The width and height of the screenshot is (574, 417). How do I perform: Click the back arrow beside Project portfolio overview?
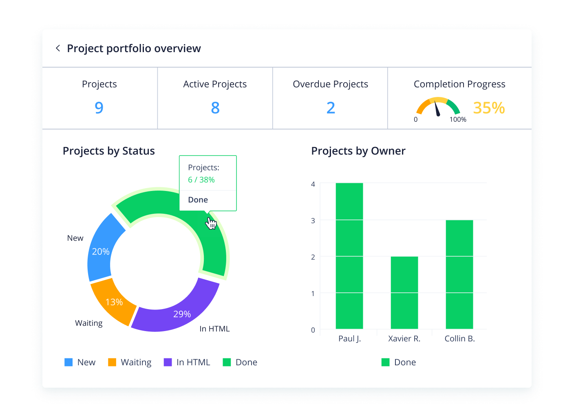58,48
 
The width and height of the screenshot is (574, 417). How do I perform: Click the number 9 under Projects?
99,108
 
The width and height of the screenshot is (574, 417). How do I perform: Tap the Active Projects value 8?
215,108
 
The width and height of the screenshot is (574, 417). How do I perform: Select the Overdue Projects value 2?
331,108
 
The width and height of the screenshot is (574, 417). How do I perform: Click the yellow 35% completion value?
489,108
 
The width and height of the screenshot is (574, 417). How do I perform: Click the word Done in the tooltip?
198,200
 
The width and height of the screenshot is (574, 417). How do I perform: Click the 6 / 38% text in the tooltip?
201,180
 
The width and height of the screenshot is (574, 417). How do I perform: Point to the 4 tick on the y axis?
313,184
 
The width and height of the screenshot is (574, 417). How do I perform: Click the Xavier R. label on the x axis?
404,339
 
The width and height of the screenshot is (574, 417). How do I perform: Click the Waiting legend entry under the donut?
130,362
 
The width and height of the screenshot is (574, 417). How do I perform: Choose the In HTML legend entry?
188,362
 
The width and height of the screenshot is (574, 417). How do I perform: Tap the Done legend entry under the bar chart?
399,362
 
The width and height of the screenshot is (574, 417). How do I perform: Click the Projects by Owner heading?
358,151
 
